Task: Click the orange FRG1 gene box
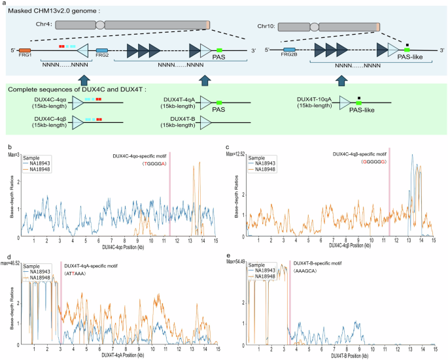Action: point(25,50)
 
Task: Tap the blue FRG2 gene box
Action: point(102,50)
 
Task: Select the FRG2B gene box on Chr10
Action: point(289,50)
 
